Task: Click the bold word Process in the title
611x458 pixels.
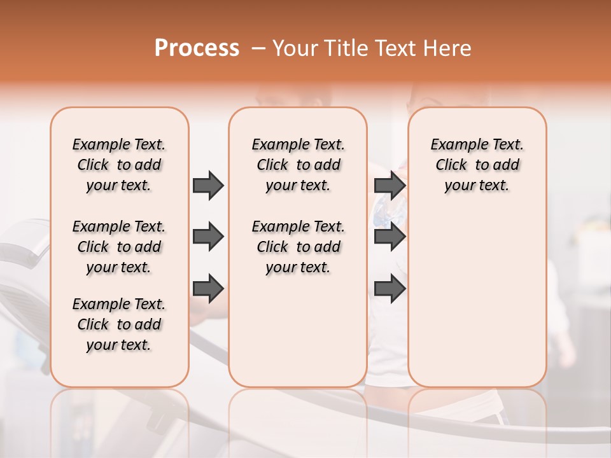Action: click(x=197, y=48)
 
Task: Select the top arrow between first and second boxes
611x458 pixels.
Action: click(x=208, y=186)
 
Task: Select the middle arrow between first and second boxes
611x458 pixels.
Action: click(x=208, y=237)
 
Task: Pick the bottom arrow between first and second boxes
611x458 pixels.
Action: click(x=208, y=289)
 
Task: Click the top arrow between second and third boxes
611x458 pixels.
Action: click(x=390, y=186)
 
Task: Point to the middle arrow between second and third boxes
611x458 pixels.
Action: click(x=390, y=237)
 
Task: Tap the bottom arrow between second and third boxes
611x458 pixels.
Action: click(x=390, y=289)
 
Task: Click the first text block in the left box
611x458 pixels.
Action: click(x=119, y=165)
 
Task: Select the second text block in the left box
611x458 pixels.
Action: click(x=119, y=247)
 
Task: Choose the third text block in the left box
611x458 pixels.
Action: click(x=119, y=324)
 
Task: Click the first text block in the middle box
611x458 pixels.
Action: click(x=298, y=165)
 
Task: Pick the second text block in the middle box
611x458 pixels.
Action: click(x=298, y=247)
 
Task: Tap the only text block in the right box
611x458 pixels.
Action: click(x=477, y=165)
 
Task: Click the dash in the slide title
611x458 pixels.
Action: click(x=258, y=48)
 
